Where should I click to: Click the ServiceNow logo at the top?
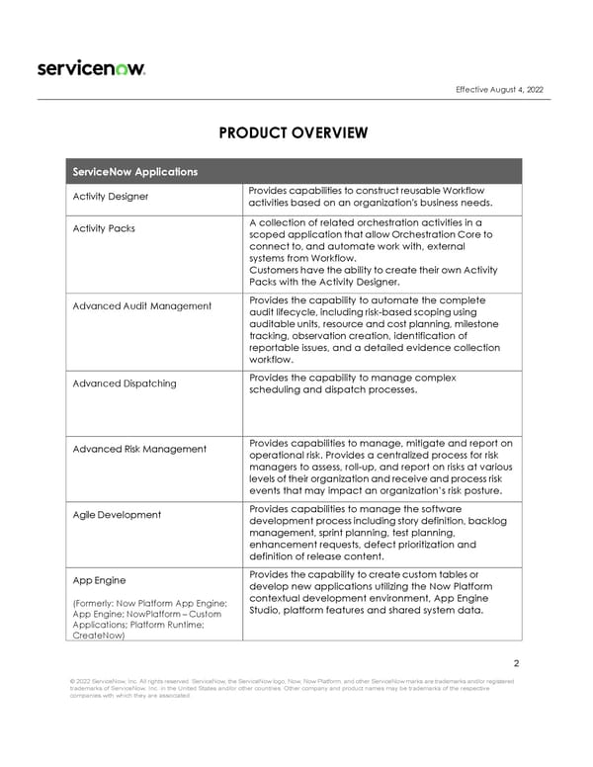click(92, 68)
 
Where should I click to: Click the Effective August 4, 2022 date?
click(499, 90)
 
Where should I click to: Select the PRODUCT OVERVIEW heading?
click(296, 133)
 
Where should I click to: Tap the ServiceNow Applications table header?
click(134, 172)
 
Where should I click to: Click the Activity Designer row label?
click(110, 196)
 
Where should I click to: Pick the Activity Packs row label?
click(104, 228)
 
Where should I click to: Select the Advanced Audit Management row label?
click(141, 305)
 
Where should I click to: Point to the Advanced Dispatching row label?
click(124, 383)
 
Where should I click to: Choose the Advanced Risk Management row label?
click(139, 450)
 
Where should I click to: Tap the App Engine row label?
click(95, 580)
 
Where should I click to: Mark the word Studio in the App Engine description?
click(267, 610)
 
